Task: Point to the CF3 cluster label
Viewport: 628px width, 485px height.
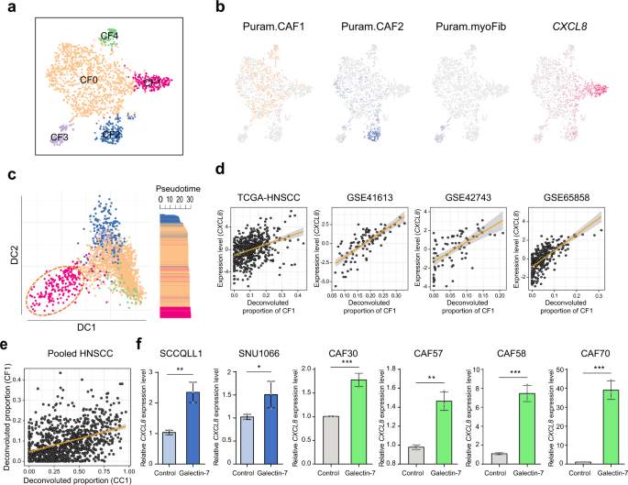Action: click(x=61, y=138)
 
